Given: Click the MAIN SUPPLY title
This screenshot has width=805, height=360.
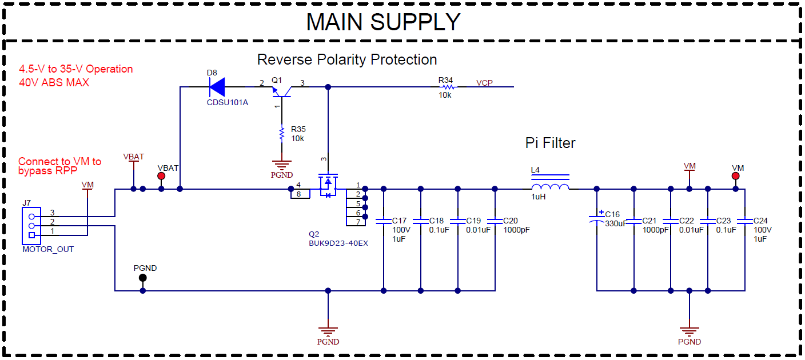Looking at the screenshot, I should [x=383, y=22].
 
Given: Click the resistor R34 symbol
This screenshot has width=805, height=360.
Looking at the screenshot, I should [x=448, y=87].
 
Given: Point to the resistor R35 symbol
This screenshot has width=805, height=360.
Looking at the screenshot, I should [x=281, y=134].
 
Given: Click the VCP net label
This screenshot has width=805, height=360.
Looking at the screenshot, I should [x=484, y=83].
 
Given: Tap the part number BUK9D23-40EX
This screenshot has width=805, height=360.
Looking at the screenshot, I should [x=338, y=243].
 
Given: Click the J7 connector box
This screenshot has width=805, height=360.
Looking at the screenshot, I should [x=31, y=226].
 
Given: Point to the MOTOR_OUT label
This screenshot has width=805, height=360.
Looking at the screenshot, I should [x=48, y=249].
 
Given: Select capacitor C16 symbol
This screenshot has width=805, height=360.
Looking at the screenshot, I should [x=597, y=218].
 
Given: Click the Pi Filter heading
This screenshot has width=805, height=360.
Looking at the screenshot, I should [x=550, y=143].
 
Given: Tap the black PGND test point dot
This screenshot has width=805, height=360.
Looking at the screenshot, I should [x=143, y=278].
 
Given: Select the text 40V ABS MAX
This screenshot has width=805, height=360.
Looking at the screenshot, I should [x=54, y=82].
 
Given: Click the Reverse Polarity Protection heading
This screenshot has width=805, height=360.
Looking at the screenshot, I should [x=346, y=59].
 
